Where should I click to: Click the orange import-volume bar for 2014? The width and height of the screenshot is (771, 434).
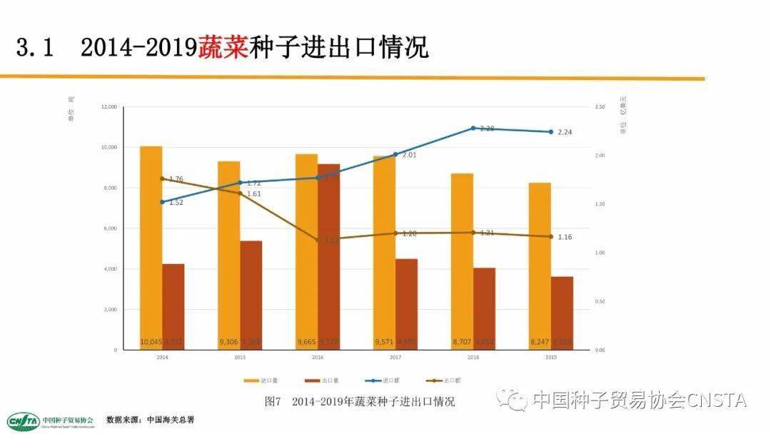[x=151, y=243]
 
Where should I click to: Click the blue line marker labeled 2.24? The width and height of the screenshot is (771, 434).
[x=550, y=132]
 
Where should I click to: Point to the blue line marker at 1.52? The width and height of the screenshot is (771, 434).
[x=162, y=202]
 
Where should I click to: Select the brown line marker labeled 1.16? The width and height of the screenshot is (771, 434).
[x=550, y=237]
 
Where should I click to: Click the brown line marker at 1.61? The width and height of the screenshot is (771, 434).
[x=240, y=193]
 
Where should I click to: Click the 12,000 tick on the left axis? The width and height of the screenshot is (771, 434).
[x=109, y=107]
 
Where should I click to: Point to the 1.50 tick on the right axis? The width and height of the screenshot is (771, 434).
[x=600, y=205]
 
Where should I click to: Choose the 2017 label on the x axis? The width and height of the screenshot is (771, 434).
[x=395, y=357]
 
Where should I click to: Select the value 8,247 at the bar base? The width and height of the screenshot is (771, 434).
[x=540, y=342]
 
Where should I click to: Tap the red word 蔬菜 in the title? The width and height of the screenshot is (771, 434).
[x=223, y=48]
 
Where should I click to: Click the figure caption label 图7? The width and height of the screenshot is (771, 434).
[x=272, y=401]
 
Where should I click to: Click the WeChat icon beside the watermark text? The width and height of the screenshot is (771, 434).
[x=512, y=400]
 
